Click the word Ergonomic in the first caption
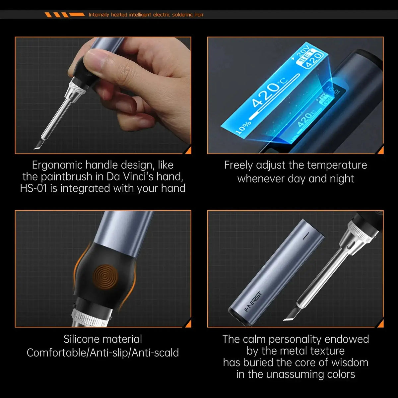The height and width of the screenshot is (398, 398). click(57, 165)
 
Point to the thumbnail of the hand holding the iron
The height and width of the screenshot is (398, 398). click(103, 95)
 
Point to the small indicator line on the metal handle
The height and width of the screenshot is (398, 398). click(306, 236)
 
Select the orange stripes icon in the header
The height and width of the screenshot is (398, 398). click(65, 15)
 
